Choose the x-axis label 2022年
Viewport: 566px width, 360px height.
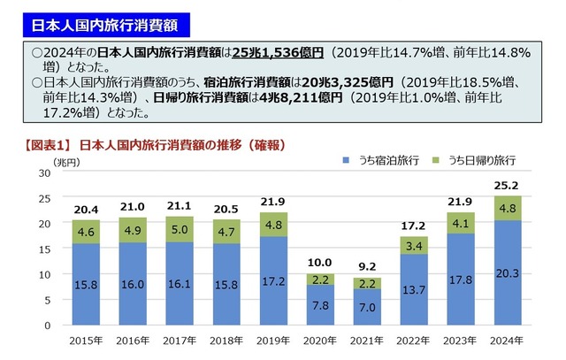(411, 340)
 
